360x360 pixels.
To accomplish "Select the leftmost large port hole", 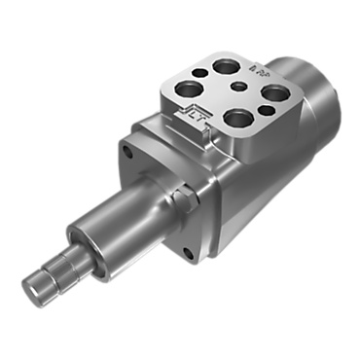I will click(x=188, y=89).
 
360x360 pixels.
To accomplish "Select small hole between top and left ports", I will click(x=199, y=72).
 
